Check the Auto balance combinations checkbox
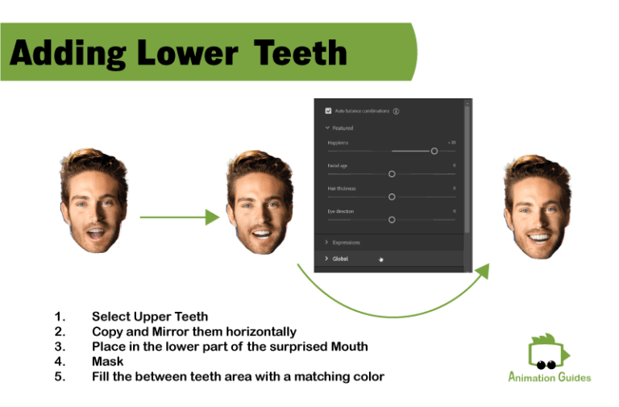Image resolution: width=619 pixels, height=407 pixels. click(328, 110)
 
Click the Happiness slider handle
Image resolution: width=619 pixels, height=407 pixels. click(434, 151)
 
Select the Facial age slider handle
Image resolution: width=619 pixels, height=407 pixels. click(392, 173)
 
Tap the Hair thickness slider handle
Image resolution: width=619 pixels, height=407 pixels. click(392, 197)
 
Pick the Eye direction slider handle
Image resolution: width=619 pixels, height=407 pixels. click(392, 219)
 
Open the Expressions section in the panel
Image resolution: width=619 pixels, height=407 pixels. click(346, 243)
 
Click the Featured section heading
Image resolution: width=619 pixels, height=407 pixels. click(343, 128)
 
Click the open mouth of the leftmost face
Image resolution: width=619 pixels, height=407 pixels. click(94, 235)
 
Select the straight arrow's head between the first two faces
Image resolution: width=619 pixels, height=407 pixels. click(213, 217)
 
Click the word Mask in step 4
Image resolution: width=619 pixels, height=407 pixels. click(107, 362)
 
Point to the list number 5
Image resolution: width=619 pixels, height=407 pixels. click(60, 376)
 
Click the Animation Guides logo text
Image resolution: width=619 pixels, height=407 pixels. click(549, 377)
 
